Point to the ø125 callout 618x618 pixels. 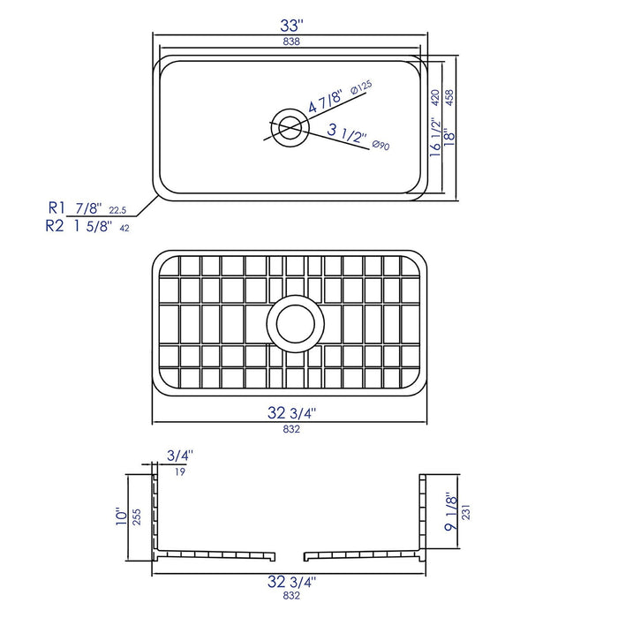(361, 87)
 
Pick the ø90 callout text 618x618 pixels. (381, 145)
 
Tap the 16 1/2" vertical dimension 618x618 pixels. (433, 137)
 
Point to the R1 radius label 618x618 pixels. (57, 207)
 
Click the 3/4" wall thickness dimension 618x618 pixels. (179, 456)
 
